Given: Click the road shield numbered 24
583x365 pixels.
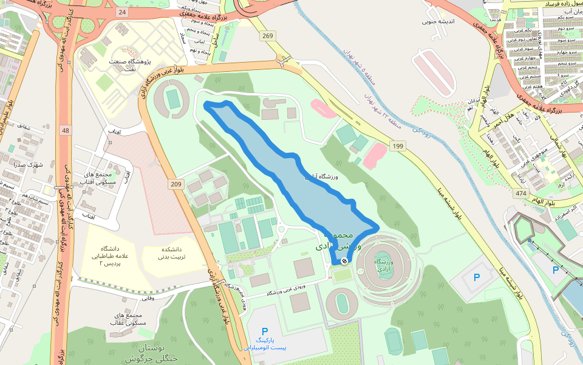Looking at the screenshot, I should pyautogui.click(x=123, y=12).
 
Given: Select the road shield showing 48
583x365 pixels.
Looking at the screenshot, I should pyautogui.click(x=66, y=131).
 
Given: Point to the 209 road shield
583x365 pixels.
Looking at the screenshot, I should pyautogui.click(x=176, y=184).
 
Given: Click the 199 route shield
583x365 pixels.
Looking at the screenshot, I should pyautogui.click(x=398, y=146).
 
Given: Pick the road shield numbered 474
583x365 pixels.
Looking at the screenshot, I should pyautogui.click(x=520, y=193).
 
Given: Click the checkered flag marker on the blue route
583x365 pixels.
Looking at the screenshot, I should pyautogui.click(x=344, y=261).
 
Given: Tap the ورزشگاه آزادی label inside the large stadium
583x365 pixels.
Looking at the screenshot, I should pyautogui.click(x=385, y=265).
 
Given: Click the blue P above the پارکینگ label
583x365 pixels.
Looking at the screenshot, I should pyautogui.click(x=265, y=332).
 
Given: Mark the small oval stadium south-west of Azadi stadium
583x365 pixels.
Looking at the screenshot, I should pyautogui.click(x=343, y=302).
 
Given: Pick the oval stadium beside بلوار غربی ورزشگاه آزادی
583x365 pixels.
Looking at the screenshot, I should pyautogui.click(x=174, y=99).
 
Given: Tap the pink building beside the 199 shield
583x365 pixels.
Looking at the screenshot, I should pyautogui.click(x=375, y=155).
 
